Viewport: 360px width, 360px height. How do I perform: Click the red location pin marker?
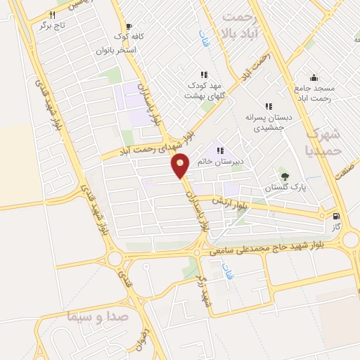point(181,165)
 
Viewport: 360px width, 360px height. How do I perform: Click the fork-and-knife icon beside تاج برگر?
point(52,14)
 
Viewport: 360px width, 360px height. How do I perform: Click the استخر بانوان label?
point(116,51)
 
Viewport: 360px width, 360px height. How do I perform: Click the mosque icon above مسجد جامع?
point(314,77)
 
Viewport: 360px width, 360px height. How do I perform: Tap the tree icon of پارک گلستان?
point(284,176)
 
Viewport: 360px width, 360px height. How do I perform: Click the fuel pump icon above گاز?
point(337,217)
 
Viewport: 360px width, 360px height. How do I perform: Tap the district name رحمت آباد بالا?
point(245,25)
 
